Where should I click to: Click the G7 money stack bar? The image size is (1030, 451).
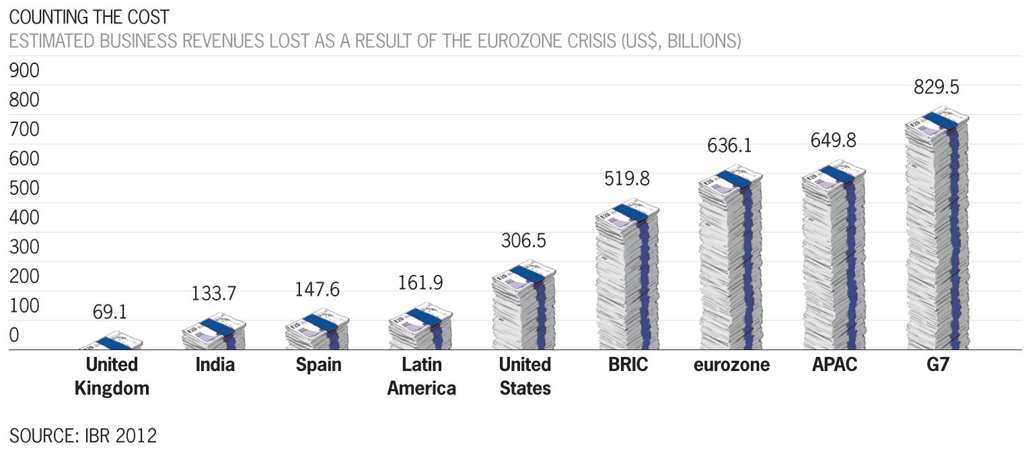click(x=936, y=232)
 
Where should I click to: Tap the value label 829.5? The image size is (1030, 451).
click(x=936, y=88)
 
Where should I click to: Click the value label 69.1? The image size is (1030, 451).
click(x=110, y=312)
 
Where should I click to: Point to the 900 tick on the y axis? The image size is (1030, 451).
click(x=24, y=71)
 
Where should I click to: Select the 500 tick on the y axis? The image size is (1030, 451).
click(x=24, y=189)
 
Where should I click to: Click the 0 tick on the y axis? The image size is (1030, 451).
click(x=14, y=336)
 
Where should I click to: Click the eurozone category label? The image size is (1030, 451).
click(x=732, y=365)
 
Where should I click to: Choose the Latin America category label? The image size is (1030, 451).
click(x=422, y=376)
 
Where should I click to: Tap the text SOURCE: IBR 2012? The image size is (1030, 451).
click(x=83, y=436)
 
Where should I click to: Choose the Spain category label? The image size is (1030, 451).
click(x=318, y=365)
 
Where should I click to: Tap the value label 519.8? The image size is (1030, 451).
click(x=626, y=179)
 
